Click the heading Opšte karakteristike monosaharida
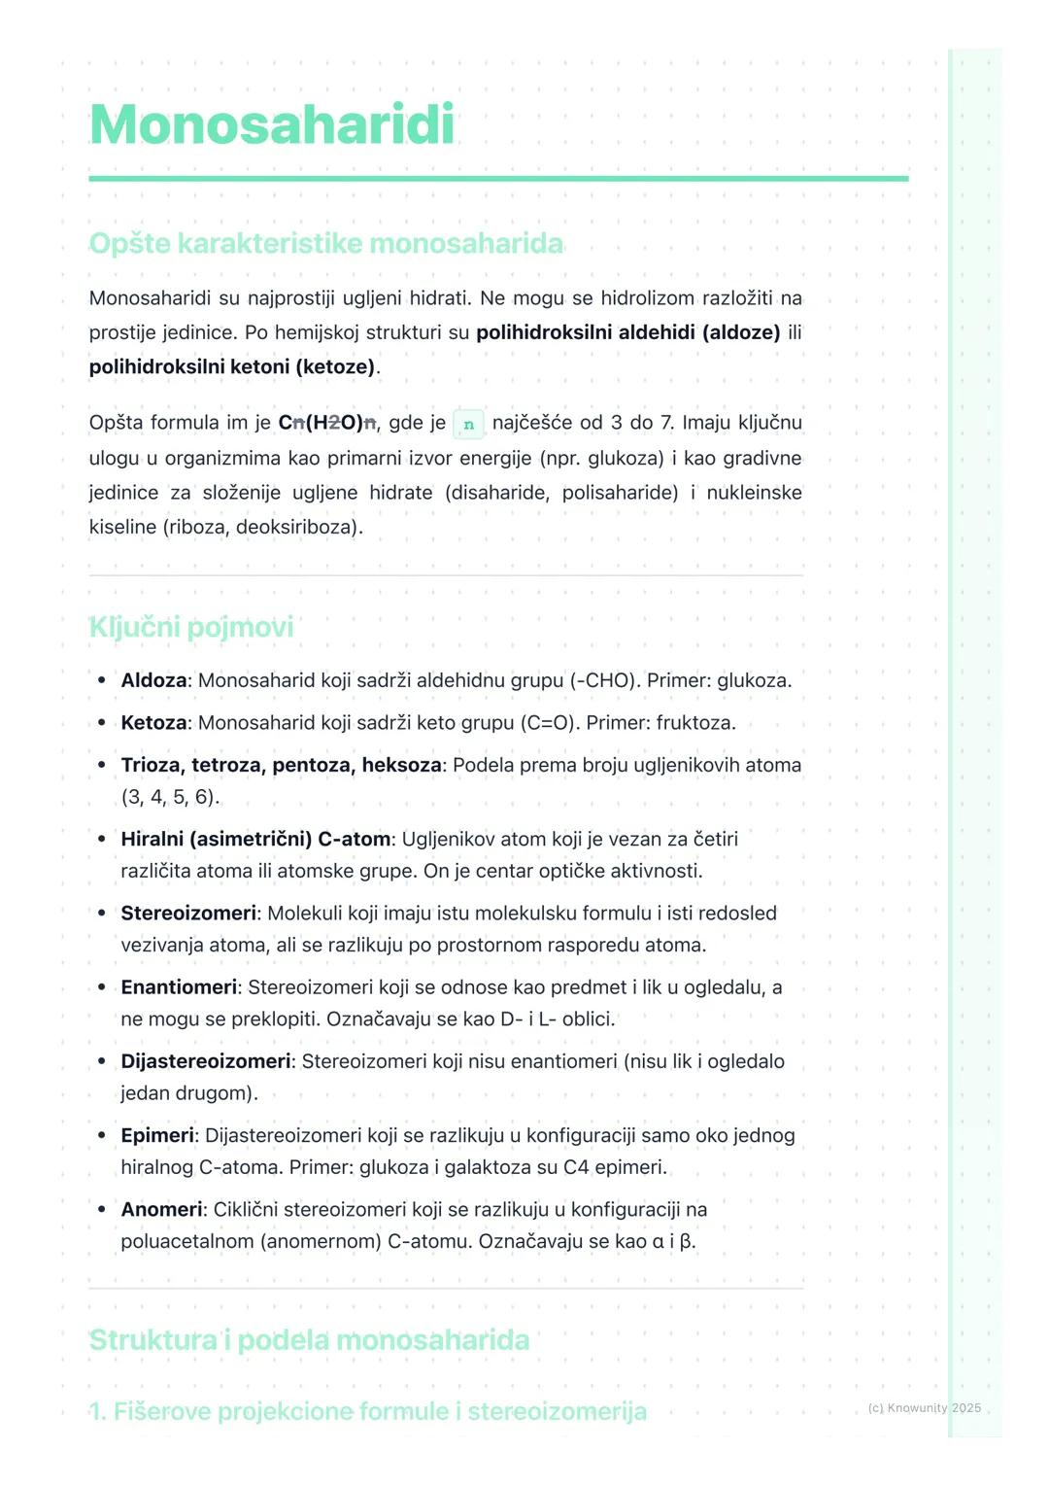pos(325,243)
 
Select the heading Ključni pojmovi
pos(190,627)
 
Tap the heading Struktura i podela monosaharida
pos(309,1340)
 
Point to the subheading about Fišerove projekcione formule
pos(367,1411)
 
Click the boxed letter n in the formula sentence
pos(469,424)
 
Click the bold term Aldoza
pos(153,680)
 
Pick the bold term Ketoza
pos(153,723)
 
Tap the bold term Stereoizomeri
pos(188,914)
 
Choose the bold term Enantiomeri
pos(179,987)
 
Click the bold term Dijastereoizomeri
pos(206,1061)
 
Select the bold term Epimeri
pos(157,1135)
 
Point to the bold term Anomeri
pos(161,1210)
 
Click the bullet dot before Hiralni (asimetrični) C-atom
pos(101,839)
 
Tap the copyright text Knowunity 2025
pos(924,1407)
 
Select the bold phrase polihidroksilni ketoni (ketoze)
pos(231,367)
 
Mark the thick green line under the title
pos(498,179)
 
